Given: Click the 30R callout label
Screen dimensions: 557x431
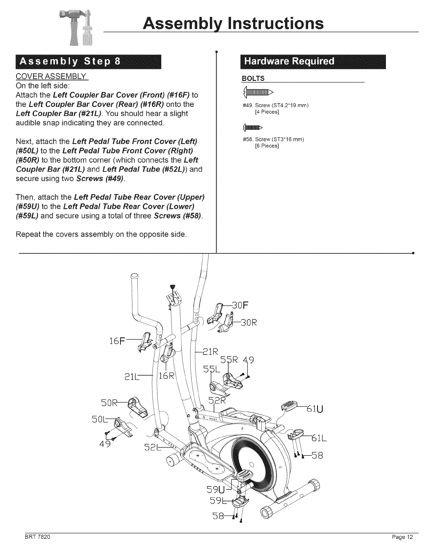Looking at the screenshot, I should click(x=248, y=323).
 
